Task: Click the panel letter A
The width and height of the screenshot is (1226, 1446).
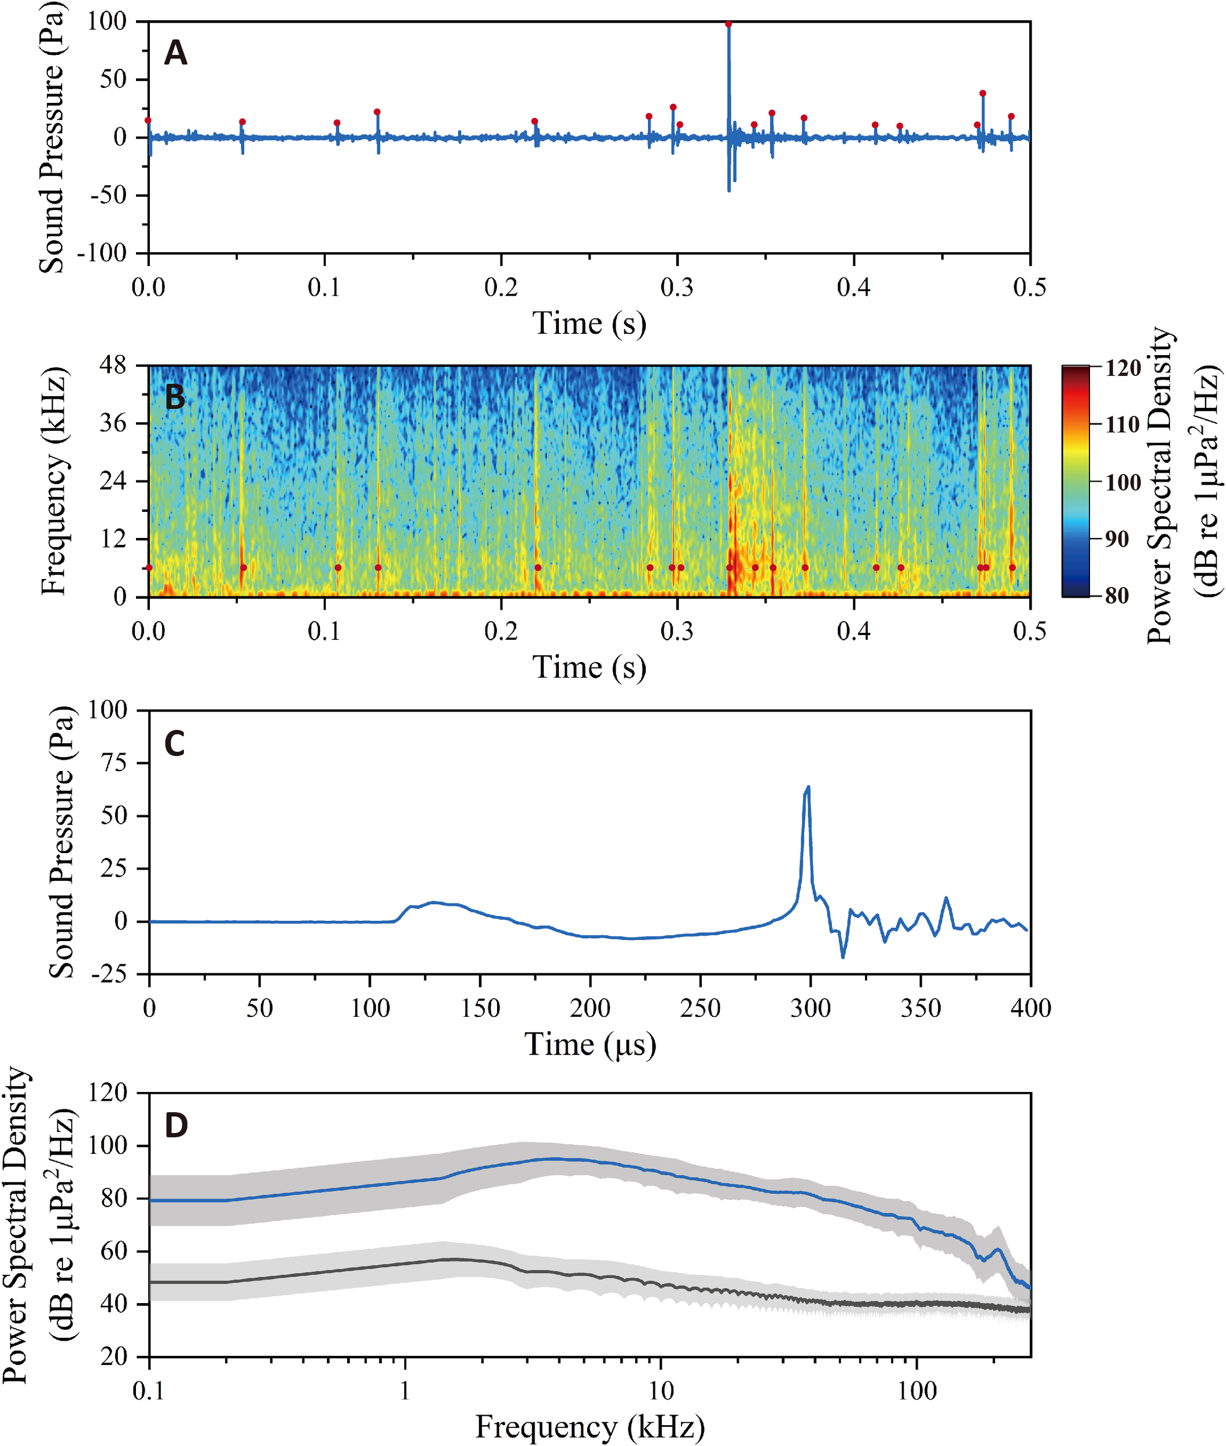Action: point(175,54)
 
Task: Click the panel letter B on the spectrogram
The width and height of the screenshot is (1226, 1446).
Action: point(175,397)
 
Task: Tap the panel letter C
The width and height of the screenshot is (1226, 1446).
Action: point(175,744)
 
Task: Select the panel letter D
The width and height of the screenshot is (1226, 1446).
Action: point(176,1125)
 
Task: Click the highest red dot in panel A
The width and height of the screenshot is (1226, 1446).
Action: point(728,24)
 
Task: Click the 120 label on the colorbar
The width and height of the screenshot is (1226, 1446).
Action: point(1123,368)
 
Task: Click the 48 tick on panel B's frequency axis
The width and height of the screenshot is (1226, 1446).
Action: point(113,366)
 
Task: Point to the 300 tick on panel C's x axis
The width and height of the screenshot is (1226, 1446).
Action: point(811,1008)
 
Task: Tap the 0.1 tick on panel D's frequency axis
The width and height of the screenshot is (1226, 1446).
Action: point(149,1391)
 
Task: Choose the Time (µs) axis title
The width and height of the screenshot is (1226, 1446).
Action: point(590,1045)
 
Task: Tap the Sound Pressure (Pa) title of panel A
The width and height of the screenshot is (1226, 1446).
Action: point(51,138)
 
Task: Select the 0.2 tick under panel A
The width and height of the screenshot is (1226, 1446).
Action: point(501,287)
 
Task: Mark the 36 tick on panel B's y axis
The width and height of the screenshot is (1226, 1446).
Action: point(113,423)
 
